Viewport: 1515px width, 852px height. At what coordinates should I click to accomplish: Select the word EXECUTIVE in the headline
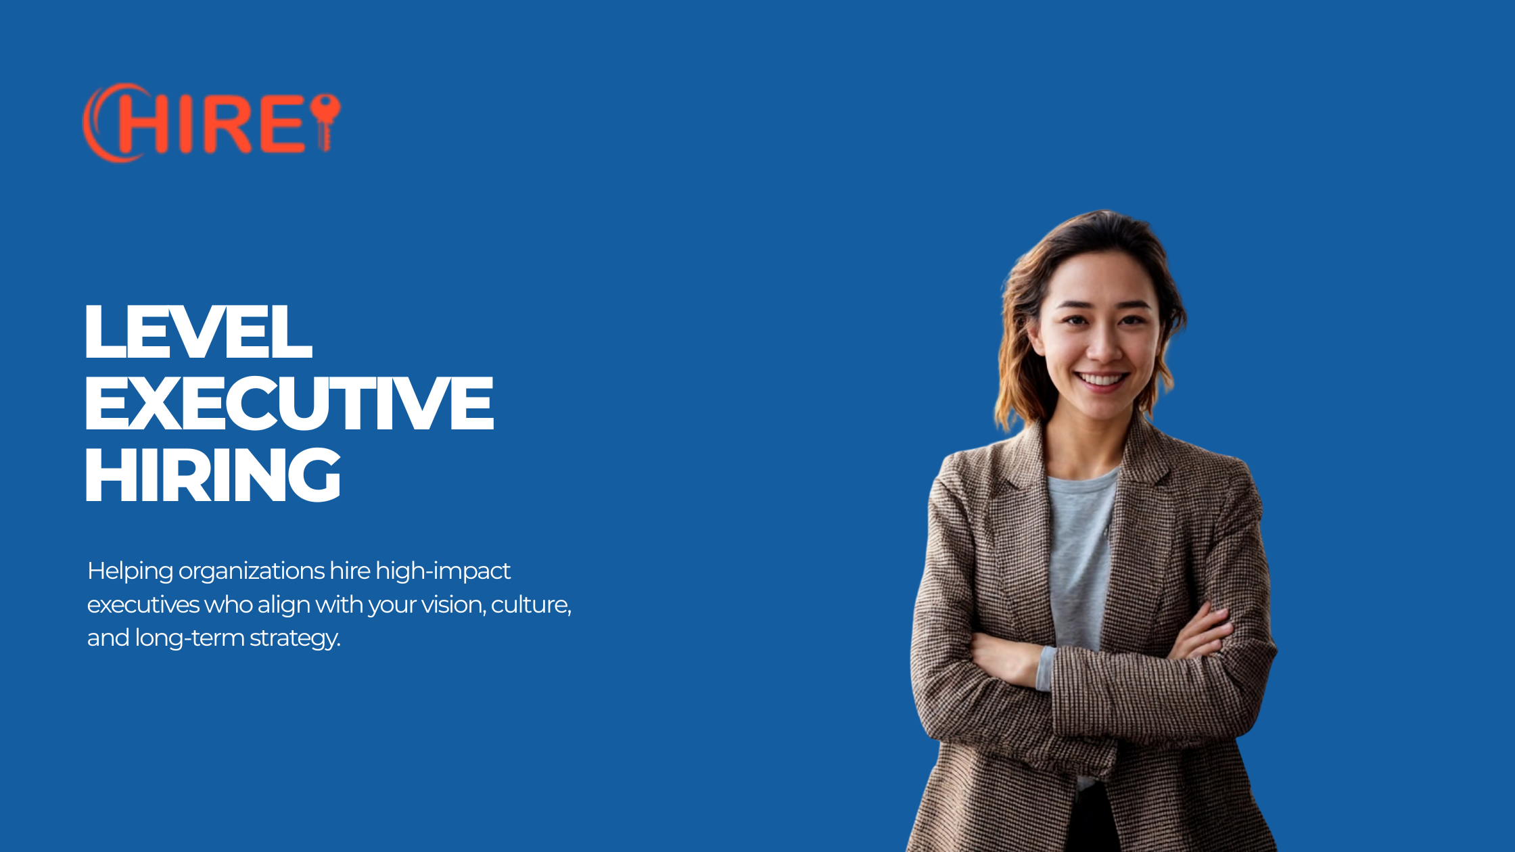289,404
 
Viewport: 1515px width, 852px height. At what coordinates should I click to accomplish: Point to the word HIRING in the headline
212,475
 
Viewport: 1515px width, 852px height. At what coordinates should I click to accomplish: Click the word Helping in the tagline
131,571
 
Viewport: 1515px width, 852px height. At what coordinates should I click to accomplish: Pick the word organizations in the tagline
252,572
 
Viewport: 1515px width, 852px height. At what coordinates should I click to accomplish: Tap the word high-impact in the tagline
443,571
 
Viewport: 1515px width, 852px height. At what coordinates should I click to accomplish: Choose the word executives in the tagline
143,605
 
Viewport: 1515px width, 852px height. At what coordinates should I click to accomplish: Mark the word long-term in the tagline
189,638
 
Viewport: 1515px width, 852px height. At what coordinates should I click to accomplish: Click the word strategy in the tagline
295,638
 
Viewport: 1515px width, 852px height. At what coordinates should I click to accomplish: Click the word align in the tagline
284,605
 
